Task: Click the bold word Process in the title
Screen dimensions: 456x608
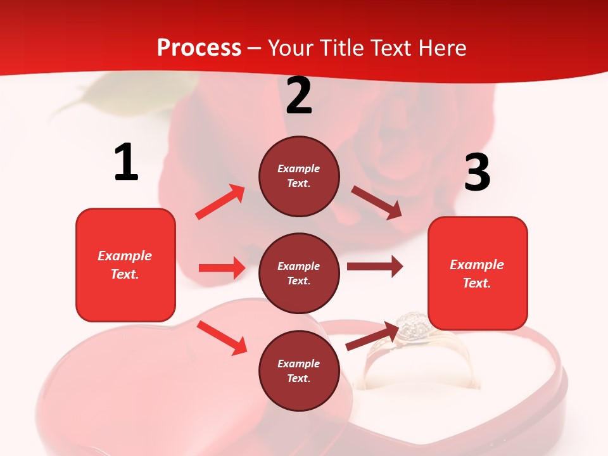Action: pos(199,48)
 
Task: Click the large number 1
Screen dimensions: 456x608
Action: pos(126,162)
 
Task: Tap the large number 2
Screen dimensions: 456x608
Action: pos(299,96)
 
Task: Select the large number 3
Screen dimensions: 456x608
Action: pos(477,172)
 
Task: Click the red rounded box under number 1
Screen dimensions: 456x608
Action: pos(125,265)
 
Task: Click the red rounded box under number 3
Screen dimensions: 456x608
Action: pos(478,273)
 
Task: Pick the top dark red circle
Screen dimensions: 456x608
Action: pos(299,176)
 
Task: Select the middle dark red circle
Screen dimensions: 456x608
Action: pos(299,273)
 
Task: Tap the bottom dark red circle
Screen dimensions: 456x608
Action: pos(299,370)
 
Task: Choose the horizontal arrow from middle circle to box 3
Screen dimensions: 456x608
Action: pos(374,267)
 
